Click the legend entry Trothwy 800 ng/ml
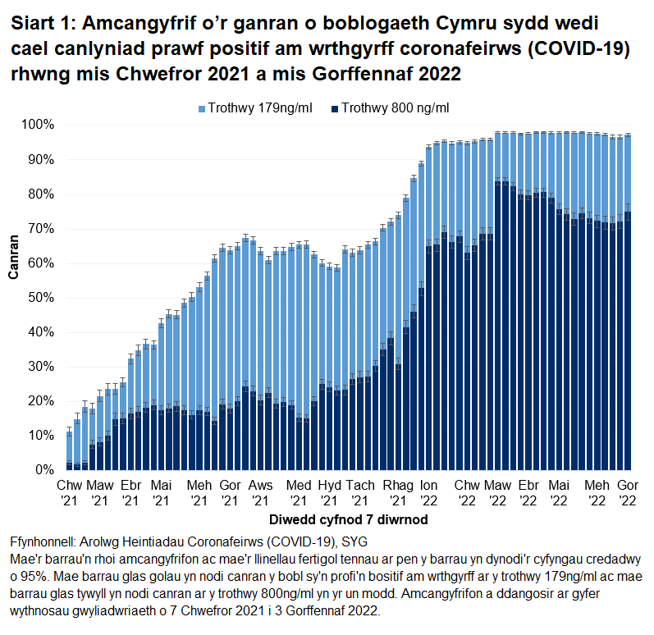395,107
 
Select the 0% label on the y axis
44,469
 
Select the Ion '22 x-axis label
429,492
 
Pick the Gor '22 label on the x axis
628,492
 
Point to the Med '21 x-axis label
300,492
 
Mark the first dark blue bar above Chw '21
69,466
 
